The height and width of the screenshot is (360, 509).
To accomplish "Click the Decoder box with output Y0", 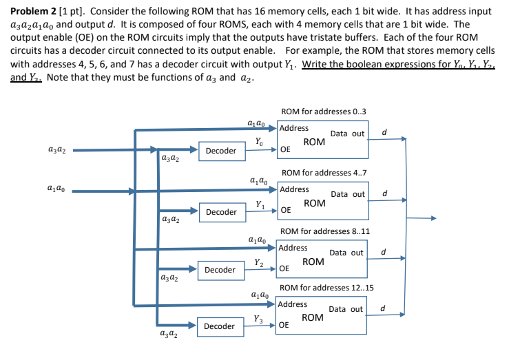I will click(x=220, y=151).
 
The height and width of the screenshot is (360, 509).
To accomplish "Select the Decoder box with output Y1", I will click(x=220, y=212).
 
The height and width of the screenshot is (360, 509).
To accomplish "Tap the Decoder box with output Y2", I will click(x=220, y=270).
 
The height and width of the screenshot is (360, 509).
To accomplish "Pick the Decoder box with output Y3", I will click(x=220, y=326).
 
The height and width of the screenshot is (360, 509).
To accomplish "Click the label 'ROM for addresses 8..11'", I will click(x=325, y=231).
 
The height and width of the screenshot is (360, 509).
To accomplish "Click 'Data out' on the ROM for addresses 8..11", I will click(x=346, y=253).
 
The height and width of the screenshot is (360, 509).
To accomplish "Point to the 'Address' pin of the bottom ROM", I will click(x=293, y=304).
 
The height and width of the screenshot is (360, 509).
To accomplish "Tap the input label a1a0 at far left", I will click(x=57, y=188).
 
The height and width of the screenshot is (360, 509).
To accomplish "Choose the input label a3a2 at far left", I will click(x=57, y=149).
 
